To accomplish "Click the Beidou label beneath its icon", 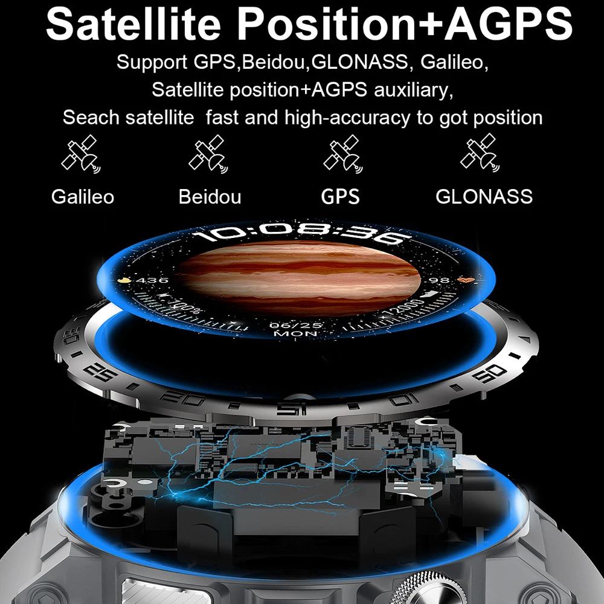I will (x=210, y=196).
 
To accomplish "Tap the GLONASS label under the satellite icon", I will (x=484, y=196).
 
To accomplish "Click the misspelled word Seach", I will (x=91, y=117).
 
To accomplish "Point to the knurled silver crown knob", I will (x=422, y=588).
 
